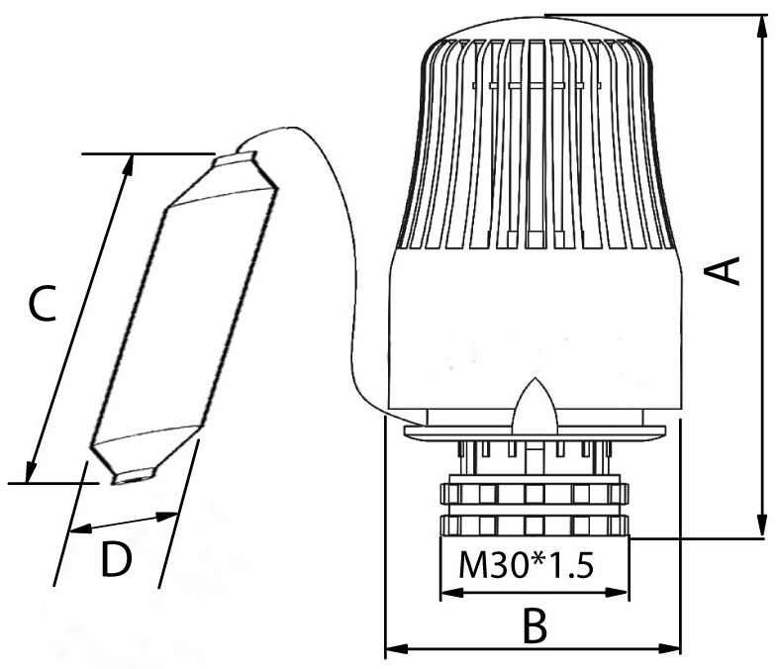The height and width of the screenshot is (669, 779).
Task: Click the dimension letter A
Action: click(x=723, y=271)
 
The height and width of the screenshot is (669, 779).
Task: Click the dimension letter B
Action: click(x=536, y=625)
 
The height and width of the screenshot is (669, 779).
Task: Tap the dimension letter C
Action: click(x=42, y=303)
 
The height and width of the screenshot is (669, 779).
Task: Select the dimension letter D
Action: click(x=116, y=559)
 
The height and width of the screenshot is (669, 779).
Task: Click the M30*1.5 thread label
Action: click(x=527, y=565)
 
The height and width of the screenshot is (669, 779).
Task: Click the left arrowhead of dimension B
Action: click(x=397, y=648)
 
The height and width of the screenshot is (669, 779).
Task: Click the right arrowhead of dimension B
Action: click(x=669, y=648)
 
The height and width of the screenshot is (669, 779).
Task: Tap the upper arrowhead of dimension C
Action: click(x=129, y=165)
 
